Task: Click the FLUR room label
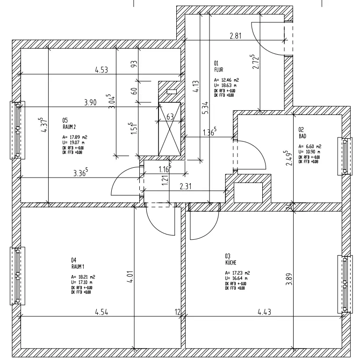click(x=219, y=70)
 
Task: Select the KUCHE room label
click(x=231, y=263)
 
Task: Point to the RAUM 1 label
click(x=77, y=266)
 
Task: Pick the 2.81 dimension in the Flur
click(x=235, y=36)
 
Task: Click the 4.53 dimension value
click(x=101, y=71)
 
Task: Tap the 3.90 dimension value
click(x=91, y=103)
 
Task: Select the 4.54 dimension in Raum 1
click(x=101, y=312)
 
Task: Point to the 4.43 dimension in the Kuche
click(x=264, y=312)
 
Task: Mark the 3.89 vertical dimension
click(x=290, y=278)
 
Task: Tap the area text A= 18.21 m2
click(x=84, y=277)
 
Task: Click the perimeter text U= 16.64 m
click(x=238, y=278)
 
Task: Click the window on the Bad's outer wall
click(x=346, y=157)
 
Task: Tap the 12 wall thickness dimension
click(x=178, y=312)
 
